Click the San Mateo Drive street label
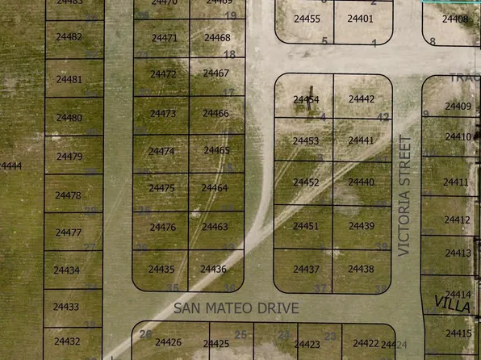(x=236, y=308)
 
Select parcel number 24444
(x=10, y=166)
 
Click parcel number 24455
(x=307, y=19)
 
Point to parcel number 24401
(x=360, y=19)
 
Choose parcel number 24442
(x=362, y=99)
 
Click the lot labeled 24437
(x=306, y=269)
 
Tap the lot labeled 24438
(x=361, y=269)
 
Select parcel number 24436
(x=213, y=269)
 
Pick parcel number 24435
(x=161, y=270)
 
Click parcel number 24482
(x=69, y=37)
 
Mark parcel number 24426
(x=168, y=342)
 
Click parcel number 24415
(x=458, y=333)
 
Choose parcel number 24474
(x=162, y=151)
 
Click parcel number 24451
(x=306, y=226)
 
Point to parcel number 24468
(x=217, y=38)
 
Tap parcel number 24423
(x=307, y=345)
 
